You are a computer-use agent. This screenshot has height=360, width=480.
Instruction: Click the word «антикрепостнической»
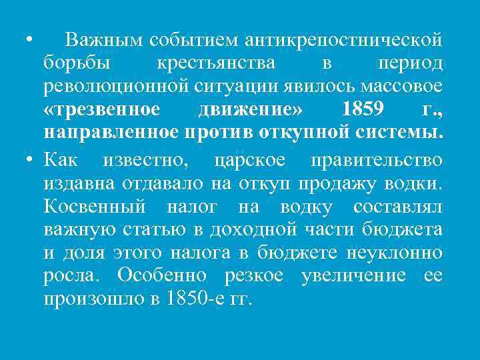(x=344, y=41)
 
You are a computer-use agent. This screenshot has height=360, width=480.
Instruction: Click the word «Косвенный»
(x=95, y=207)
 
